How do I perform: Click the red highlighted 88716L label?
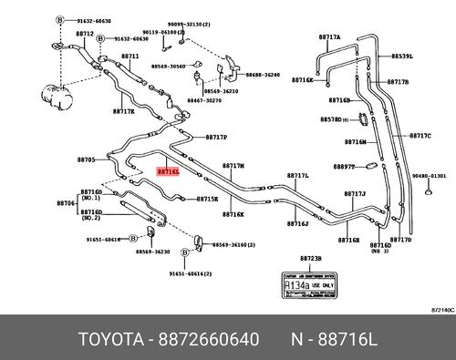pyautogui.click(x=169, y=170)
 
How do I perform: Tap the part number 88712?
pyautogui.click(x=85, y=34)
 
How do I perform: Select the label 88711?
pyautogui.click(x=130, y=57)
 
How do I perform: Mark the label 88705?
pyautogui.click(x=85, y=159)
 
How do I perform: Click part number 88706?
pyautogui.click(x=66, y=202)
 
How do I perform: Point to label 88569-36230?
pyautogui.click(x=151, y=251)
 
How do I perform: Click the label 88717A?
pyautogui.click(x=329, y=37)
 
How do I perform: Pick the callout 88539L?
pyautogui.click(x=403, y=57)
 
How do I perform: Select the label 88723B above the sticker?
pyautogui.click(x=311, y=260)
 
